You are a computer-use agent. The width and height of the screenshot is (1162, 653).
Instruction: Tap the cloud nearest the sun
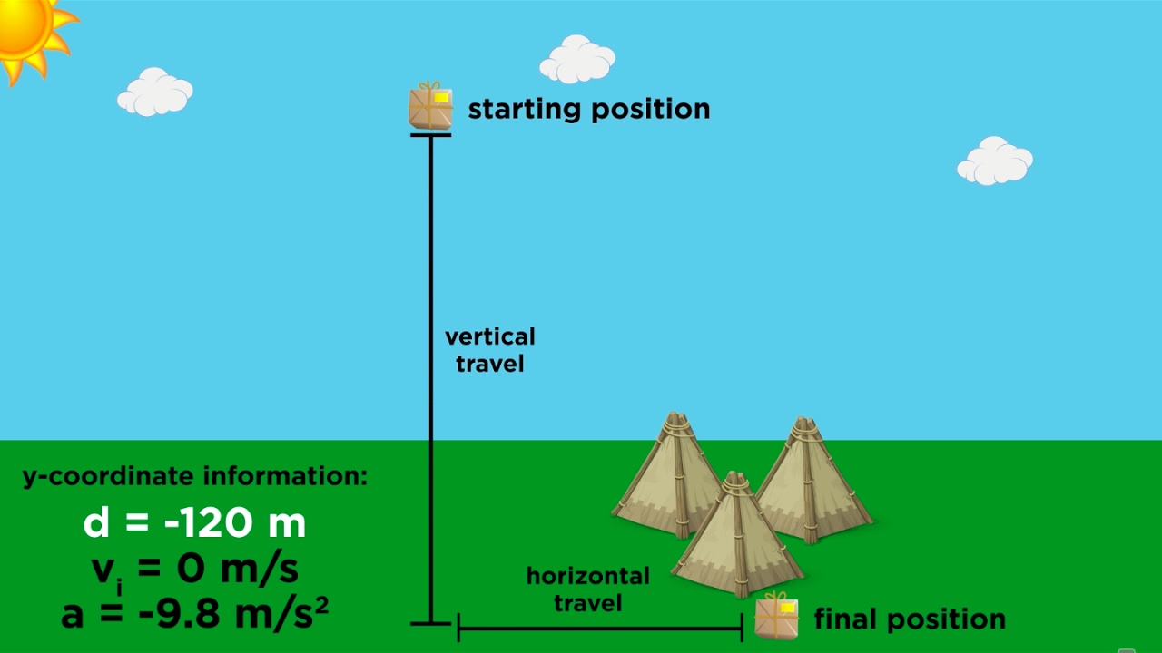(x=155, y=92)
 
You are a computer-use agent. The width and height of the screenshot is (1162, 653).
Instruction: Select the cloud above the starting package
(x=577, y=60)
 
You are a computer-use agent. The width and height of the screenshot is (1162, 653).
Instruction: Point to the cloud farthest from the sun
(x=995, y=161)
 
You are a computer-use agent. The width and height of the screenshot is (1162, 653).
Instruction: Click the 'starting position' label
(x=588, y=110)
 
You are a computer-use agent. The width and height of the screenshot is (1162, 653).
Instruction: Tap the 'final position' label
(x=910, y=619)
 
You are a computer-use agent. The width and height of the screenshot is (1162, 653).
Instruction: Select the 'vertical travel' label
(x=489, y=350)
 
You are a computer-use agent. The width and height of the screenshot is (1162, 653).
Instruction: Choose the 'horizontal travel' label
(x=587, y=589)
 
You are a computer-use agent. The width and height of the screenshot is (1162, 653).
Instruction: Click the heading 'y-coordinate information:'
(x=195, y=477)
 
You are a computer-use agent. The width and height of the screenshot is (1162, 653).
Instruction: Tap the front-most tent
(x=736, y=536)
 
